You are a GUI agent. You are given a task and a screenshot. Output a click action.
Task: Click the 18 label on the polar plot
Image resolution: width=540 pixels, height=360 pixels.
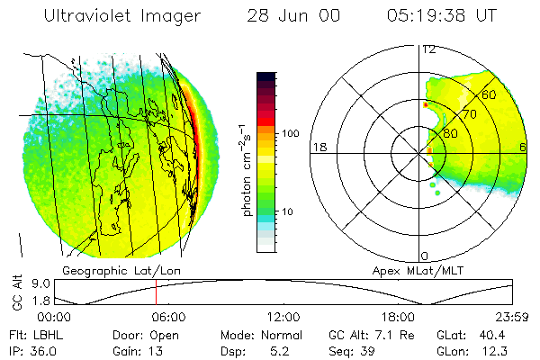(x=318, y=148)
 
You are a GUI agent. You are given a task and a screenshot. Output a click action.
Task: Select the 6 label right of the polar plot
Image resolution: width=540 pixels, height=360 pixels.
(x=525, y=148)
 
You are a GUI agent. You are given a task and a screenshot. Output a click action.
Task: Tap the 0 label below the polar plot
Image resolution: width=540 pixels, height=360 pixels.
(x=425, y=256)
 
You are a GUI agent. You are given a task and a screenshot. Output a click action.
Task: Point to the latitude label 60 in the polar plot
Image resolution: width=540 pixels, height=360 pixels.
(x=490, y=94)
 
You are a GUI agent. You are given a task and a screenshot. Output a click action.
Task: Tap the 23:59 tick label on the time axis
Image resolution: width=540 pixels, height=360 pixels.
(x=511, y=317)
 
